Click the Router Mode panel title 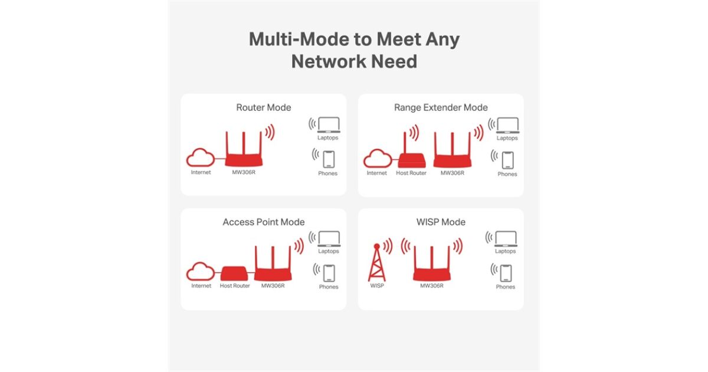pos(263,108)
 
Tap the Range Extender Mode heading pos(441,108)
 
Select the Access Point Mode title pos(263,223)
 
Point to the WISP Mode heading pos(441,223)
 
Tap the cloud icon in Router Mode pos(201,158)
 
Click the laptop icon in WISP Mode pos(506,239)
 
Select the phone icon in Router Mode pos(328,159)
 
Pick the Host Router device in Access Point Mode pos(235,273)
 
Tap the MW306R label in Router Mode pos(244,173)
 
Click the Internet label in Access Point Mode pos(201,286)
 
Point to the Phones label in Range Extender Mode pos(507,174)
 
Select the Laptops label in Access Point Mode pos(329,252)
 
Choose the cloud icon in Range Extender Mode pos(377,158)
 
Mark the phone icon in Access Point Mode pos(329,273)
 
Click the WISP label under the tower pos(376,286)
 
